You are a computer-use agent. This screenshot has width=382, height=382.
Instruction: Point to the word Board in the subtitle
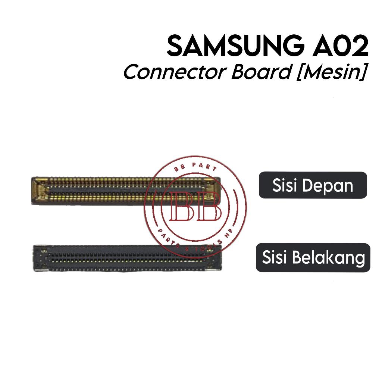(261, 72)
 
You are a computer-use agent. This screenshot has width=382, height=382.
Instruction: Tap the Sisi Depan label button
(313, 185)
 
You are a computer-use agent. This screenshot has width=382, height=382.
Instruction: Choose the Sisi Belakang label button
(313, 257)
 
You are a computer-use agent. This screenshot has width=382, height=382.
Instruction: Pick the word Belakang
(334, 258)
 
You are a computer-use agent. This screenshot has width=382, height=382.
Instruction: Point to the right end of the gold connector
(213, 191)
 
